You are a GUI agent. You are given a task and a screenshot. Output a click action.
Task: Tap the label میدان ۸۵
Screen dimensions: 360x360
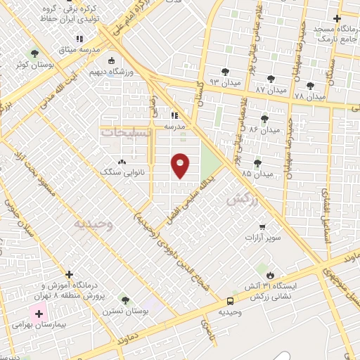pos(257,174)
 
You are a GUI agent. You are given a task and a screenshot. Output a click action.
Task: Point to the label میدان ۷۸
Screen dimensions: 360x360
pos(310,96)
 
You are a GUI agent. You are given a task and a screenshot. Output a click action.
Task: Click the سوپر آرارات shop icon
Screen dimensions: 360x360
pos(262,227)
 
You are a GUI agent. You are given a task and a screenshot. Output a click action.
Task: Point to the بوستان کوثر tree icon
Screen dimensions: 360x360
pos(34,53)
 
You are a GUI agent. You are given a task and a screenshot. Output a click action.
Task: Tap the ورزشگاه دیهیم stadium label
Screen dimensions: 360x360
pos(108,72)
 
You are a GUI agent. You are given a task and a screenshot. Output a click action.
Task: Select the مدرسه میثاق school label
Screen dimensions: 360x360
pos(79,51)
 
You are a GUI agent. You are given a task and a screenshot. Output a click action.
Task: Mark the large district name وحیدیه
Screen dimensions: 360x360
pos(93,224)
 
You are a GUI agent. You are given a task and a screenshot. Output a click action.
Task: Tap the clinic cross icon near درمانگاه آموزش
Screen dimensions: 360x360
pos(69,274)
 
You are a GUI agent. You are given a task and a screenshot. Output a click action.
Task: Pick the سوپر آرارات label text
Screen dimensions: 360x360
pos(262,238)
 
